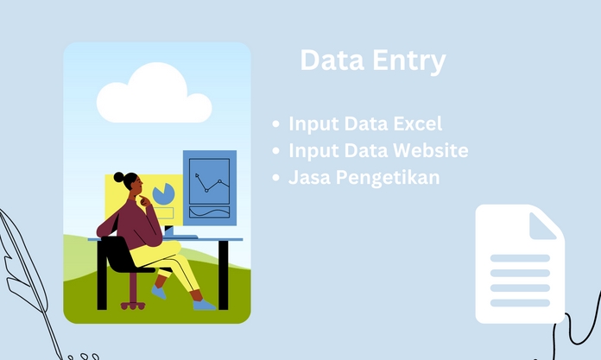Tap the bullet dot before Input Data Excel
275,124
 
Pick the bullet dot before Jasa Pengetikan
275,179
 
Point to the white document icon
519,264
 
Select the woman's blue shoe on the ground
204,304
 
